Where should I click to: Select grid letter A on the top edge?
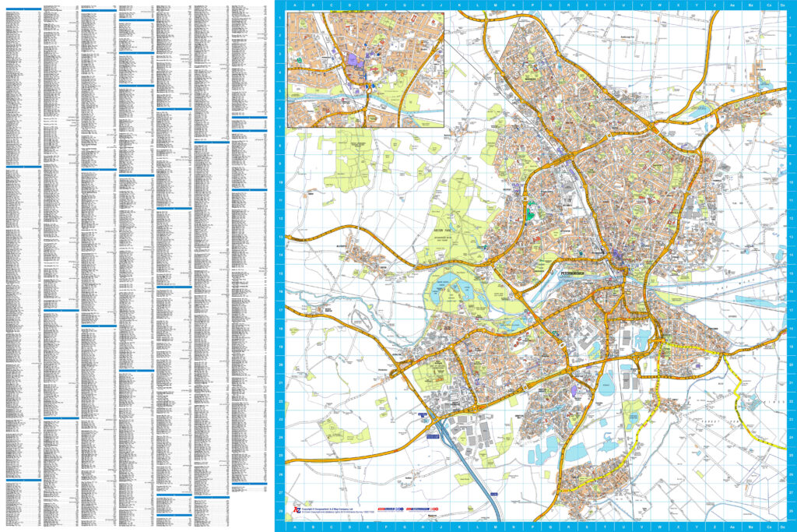point(294,5)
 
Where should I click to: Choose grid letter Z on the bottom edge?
point(714,527)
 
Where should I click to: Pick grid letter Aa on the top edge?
point(732,5)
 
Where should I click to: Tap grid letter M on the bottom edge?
point(494,527)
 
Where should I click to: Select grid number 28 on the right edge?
point(792,511)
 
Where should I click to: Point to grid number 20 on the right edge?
point(792,365)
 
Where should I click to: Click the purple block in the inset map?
point(354,58)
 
